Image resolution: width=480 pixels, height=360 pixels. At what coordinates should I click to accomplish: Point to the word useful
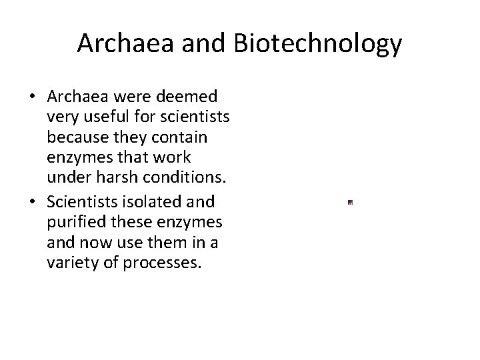tap(104, 118)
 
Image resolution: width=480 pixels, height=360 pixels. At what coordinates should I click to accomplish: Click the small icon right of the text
tap(350, 201)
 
